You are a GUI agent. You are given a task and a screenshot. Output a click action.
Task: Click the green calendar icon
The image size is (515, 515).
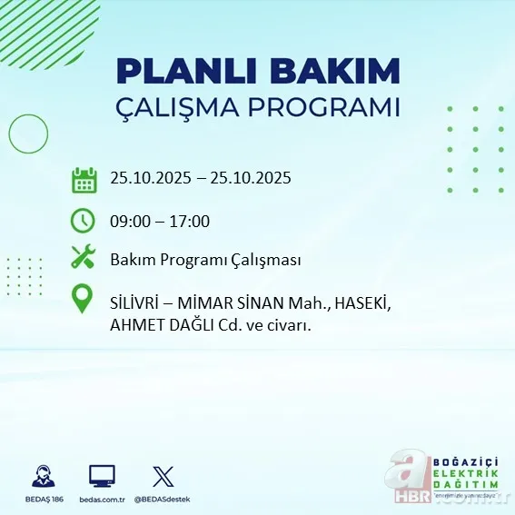tap(84, 179)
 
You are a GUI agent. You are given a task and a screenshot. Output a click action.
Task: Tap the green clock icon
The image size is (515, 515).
tap(84, 220)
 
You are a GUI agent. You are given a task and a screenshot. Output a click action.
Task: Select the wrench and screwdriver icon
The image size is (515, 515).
tap(84, 258)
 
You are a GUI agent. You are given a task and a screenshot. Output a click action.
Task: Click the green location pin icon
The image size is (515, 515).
tap(84, 299)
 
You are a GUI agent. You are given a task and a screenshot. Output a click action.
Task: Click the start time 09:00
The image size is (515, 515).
tap(129, 221)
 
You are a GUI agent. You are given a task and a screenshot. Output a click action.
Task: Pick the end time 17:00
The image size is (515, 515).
tap(191, 221)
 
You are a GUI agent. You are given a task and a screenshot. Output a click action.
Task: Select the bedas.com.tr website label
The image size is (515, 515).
tap(102, 500)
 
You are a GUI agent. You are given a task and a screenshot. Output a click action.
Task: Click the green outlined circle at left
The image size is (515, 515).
tap(28, 134)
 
